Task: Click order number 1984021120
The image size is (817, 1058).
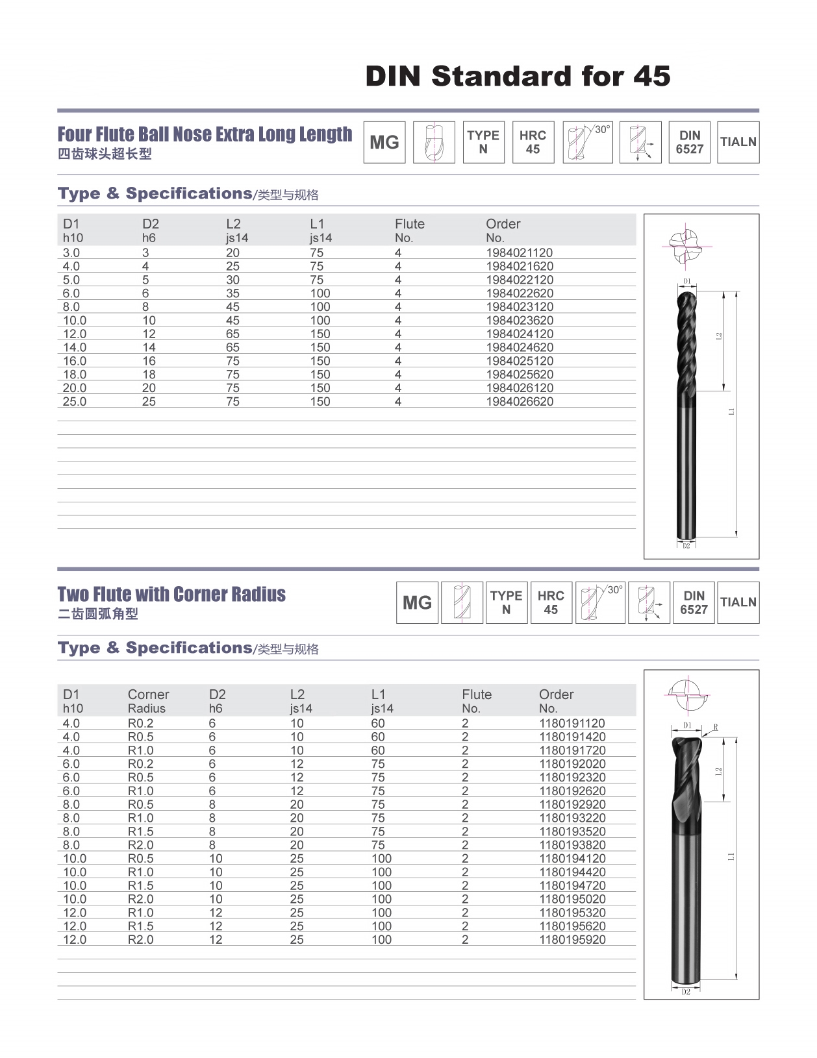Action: [x=520, y=252]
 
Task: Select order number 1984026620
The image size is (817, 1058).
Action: [x=520, y=401]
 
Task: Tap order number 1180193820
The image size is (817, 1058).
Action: [x=572, y=844]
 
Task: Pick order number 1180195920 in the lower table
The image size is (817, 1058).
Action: [x=572, y=939]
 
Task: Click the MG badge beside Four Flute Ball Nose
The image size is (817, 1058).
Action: [x=384, y=142]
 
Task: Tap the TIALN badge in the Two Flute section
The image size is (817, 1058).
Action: [x=738, y=602]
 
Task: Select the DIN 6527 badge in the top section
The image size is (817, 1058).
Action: [x=689, y=142]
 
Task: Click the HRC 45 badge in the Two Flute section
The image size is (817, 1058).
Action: [x=551, y=602]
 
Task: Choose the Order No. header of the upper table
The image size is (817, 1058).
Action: [x=503, y=230]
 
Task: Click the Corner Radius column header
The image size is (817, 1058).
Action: [x=148, y=701]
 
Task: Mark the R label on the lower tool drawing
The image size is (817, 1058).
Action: [x=716, y=727]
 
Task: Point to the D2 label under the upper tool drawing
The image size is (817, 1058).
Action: [x=686, y=546]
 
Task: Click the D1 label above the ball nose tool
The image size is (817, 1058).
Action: [x=687, y=282]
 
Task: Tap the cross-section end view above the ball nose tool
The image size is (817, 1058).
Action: [x=686, y=245]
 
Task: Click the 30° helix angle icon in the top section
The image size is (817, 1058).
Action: [x=587, y=142]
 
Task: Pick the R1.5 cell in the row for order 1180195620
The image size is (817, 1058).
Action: [x=141, y=926]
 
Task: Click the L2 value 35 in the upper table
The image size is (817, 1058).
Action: [x=233, y=293]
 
